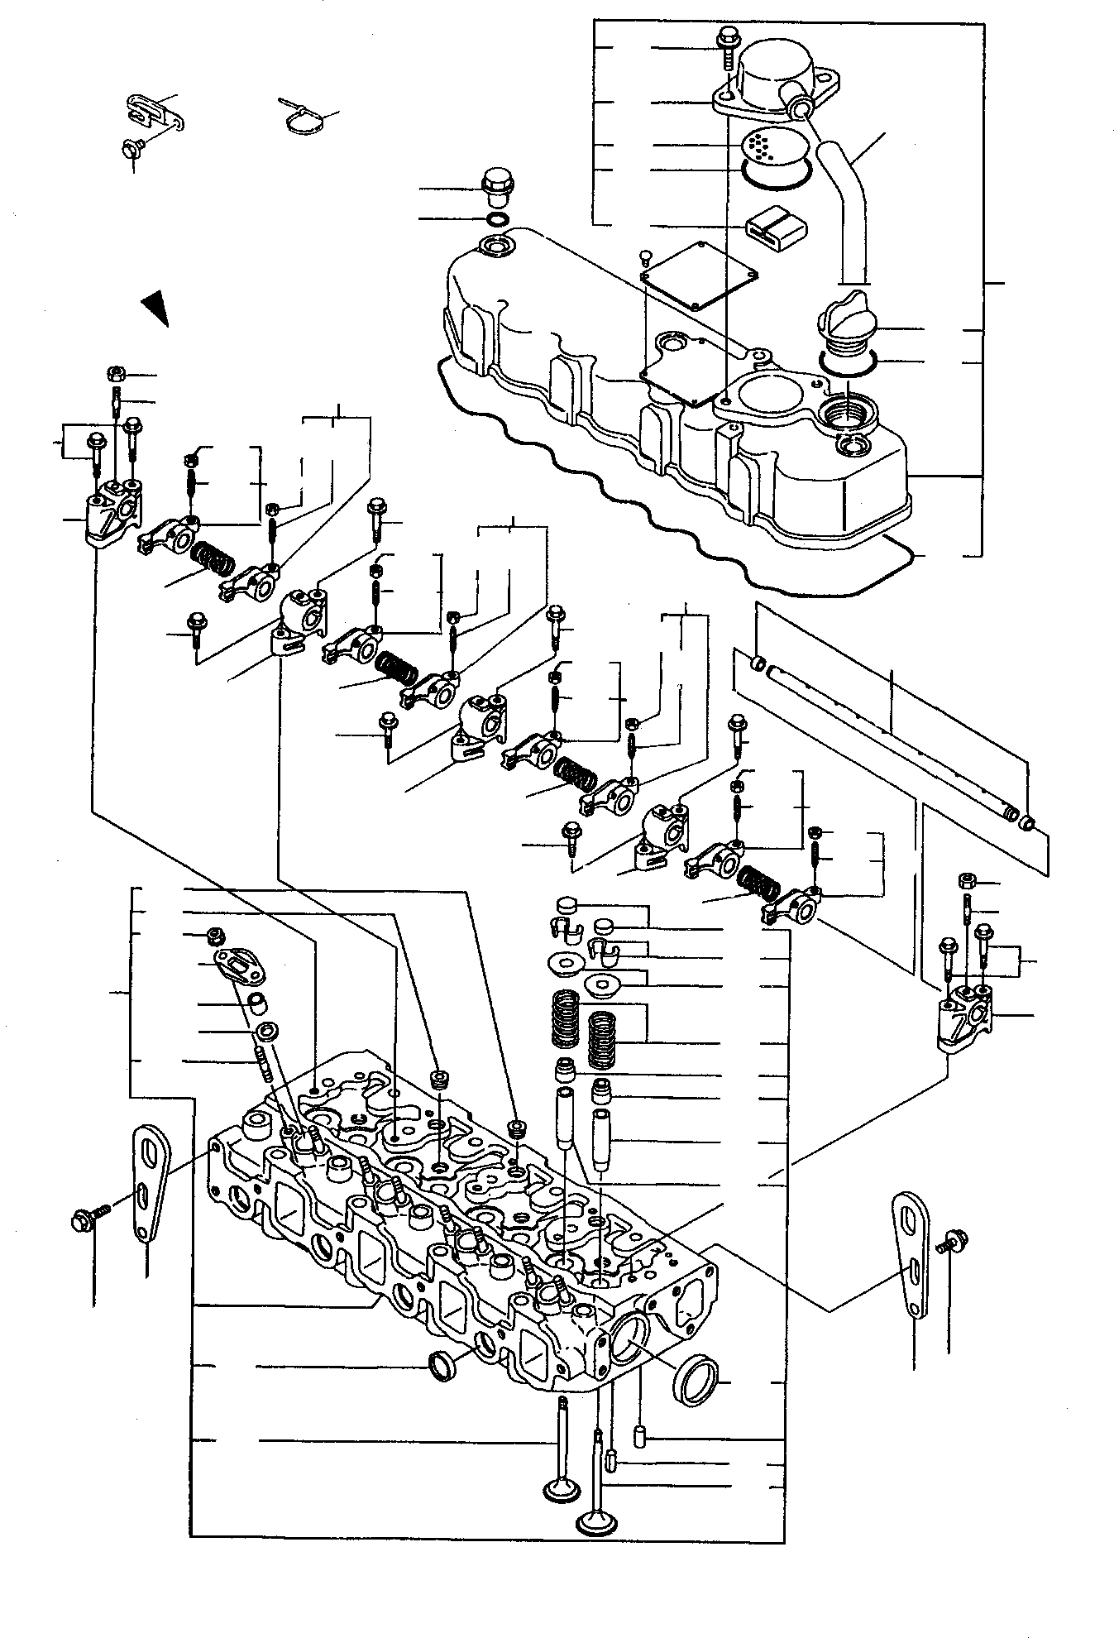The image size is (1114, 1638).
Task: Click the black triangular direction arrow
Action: pos(155,308)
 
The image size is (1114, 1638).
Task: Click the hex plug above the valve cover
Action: pos(495,187)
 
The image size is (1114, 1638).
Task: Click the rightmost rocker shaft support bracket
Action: pos(962,1016)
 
